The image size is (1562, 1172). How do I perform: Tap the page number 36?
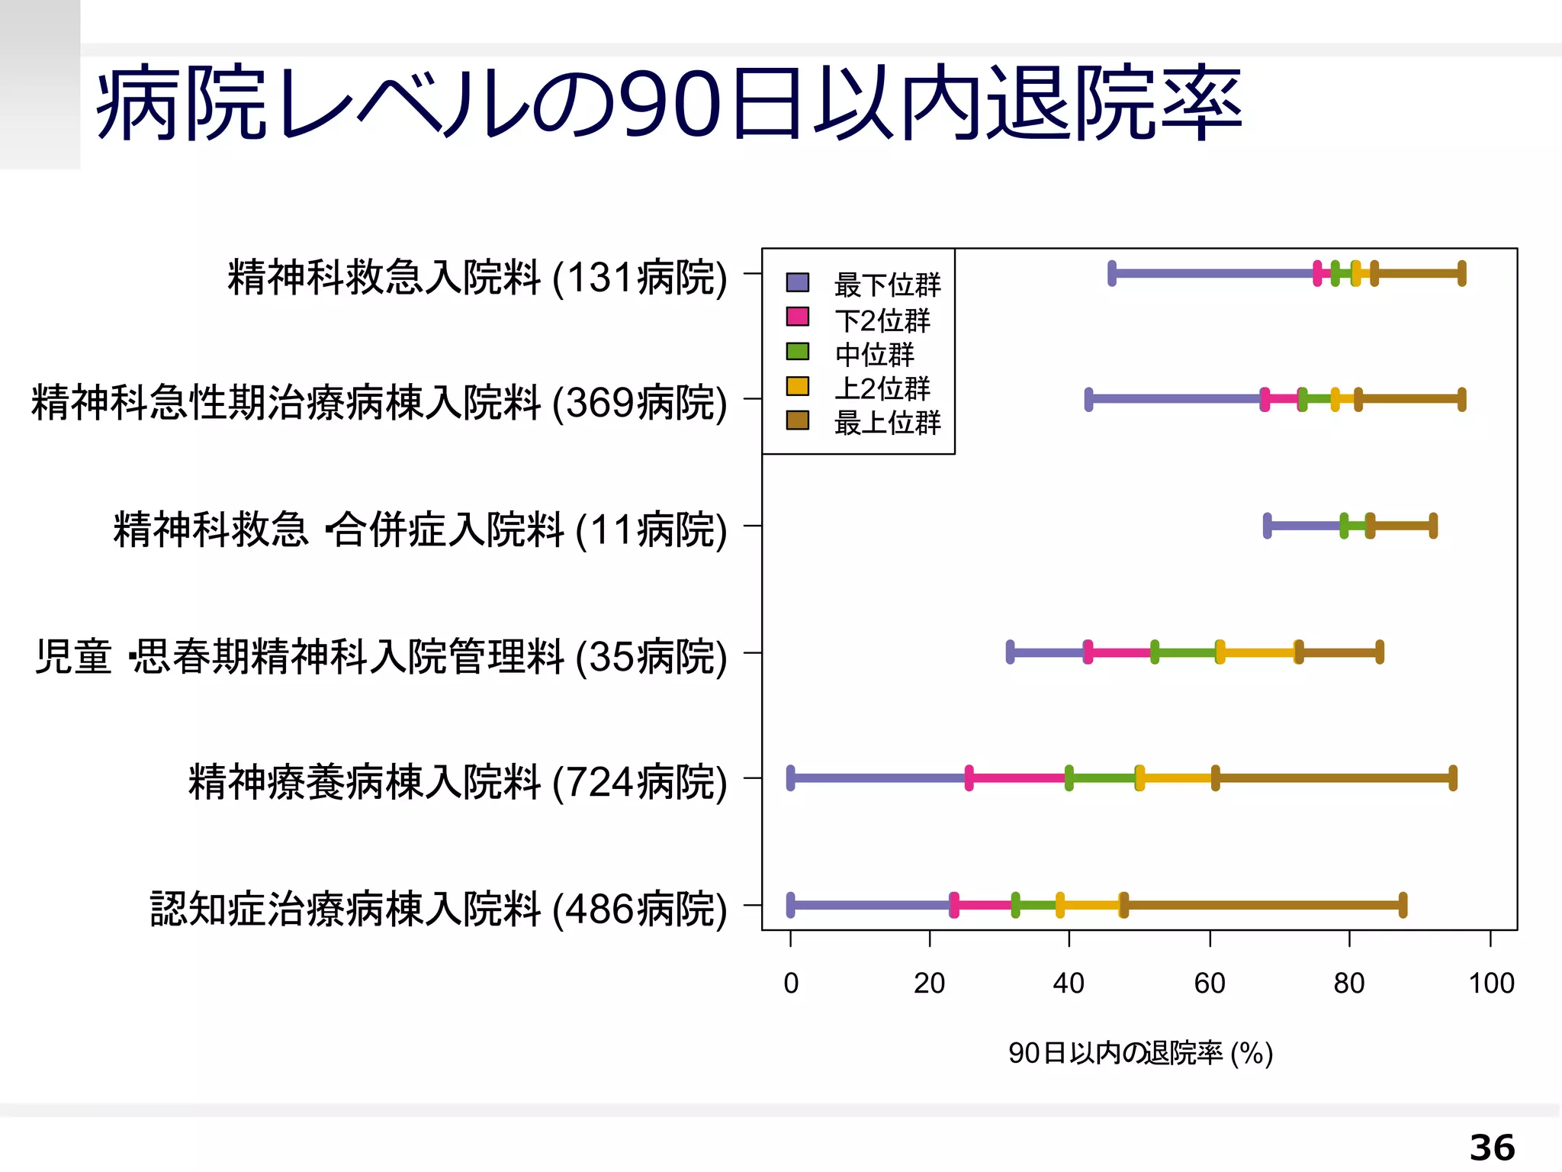click(x=1492, y=1147)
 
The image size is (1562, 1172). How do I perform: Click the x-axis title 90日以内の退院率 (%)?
click(x=1140, y=1053)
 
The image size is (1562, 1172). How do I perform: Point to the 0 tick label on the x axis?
click(x=791, y=984)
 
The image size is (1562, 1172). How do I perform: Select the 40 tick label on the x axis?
click(x=1068, y=984)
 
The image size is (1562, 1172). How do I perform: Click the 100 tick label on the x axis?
click(x=1491, y=984)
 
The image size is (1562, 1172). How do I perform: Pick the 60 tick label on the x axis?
click(x=1209, y=984)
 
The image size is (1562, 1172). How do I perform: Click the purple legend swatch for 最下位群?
click(x=797, y=282)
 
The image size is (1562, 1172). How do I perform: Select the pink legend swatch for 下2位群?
click(x=797, y=317)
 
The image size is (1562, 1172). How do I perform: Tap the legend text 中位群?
click(x=874, y=355)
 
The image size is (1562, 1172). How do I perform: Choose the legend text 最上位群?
click(x=887, y=423)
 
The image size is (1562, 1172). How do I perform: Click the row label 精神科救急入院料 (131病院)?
click(x=477, y=277)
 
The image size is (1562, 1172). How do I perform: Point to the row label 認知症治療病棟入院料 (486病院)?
click(x=438, y=909)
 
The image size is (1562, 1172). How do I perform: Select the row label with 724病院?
click(x=457, y=782)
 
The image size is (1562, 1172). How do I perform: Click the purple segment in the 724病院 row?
click(x=879, y=778)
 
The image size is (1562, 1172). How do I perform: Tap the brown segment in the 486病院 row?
click(x=1262, y=905)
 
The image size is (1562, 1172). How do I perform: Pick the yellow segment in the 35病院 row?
click(x=1258, y=652)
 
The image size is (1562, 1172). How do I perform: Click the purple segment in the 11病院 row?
click(x=1305, y=525)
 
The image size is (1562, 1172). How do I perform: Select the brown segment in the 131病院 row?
click(x=1417, y=272)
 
